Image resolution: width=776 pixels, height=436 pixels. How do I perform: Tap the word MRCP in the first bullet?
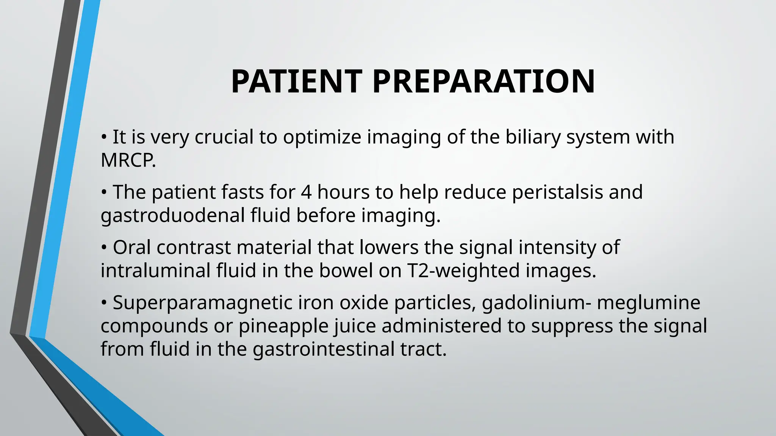(127, 160)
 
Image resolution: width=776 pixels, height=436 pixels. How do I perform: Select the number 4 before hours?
(306, 192)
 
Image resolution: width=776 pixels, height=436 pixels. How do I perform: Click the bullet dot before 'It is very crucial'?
(104, 137)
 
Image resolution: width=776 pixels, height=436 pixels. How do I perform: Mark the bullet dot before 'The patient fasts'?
(104, 193)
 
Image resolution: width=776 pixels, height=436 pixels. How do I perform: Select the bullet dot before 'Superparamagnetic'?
(104, 303)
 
